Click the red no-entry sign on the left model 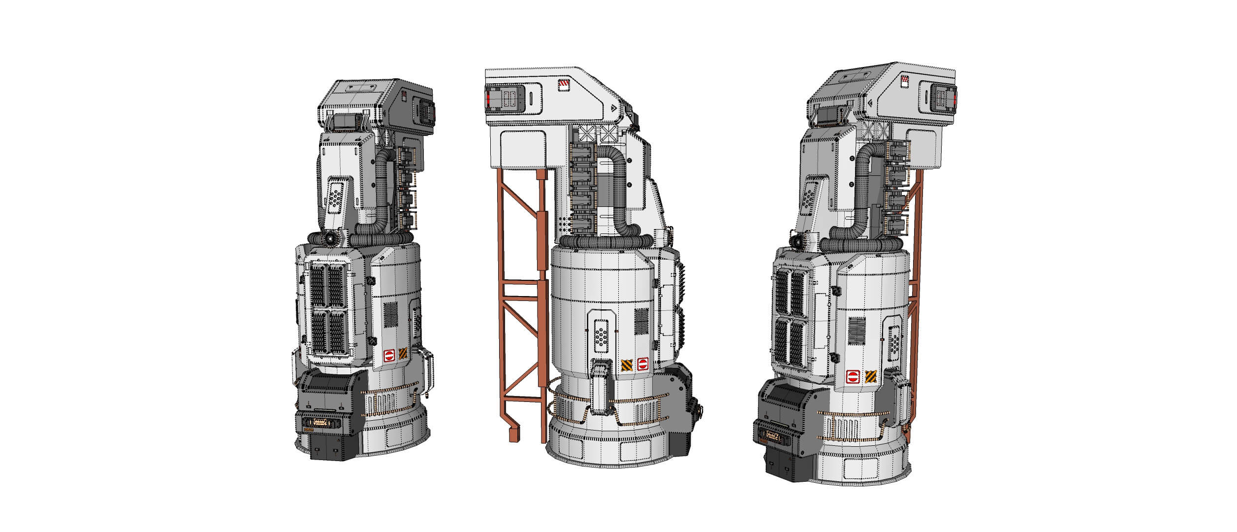pos(389,355)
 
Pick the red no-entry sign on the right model pos(852,377)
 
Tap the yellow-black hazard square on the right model pos(870,376)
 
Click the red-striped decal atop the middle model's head pos(562,85)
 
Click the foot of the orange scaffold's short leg pos(515,436)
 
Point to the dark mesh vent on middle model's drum pos(641,321)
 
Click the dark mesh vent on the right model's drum pos(857,331)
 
